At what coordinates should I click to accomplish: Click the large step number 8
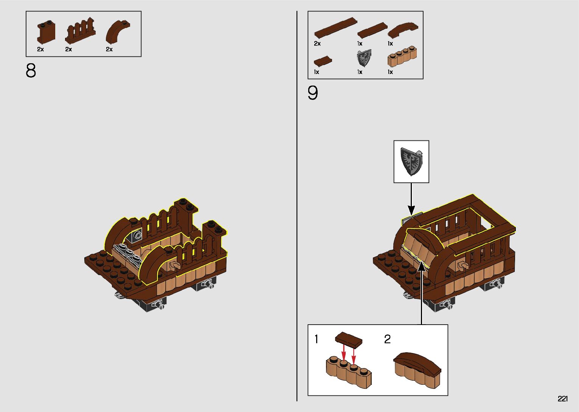click(x=31, y=71)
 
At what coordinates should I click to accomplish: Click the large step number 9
click(x=313, y=93)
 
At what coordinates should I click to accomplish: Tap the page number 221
click(x=562, y=399)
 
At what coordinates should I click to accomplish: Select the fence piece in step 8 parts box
click(x=80, y=31)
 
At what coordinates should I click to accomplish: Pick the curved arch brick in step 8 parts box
click(x=117, y=31)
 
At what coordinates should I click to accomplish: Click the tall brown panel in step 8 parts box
click(x=46, y=33)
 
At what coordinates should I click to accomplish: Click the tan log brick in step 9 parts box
click(x=402, y=57)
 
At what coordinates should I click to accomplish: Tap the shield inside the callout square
click(x=411, y=162)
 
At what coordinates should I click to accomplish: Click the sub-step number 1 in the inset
click(x=317, y=339)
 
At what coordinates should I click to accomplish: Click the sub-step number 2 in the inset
click(x=387, y=339)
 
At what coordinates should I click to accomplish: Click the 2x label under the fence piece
click(x=68, y=49)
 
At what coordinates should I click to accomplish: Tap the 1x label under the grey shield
click(x=360, y=72)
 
